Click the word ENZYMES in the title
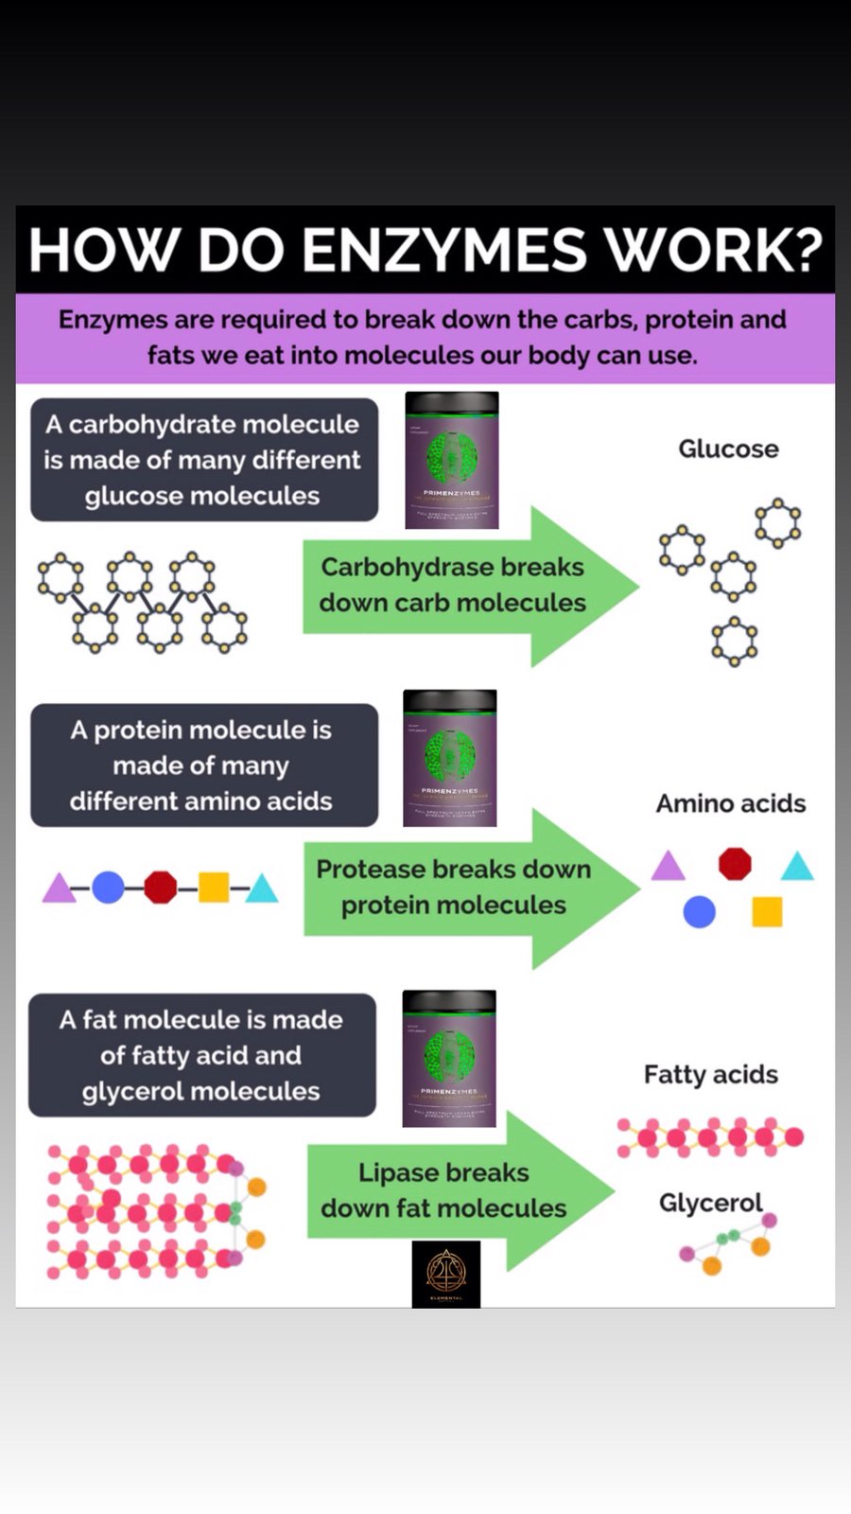(x=444, y=251)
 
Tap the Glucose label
(x=728, y=449)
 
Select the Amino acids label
(x=731, y=803)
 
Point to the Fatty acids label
(x=711, y=1074)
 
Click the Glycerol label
(x=710, y=1203)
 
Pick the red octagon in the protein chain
(x=160, y=887)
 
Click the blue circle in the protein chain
(x=108, y=887)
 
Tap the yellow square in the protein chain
(x=214, y=887)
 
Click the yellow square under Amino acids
(x=767, y=912)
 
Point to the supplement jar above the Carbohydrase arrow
(x=452, y=460)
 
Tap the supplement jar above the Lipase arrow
(x=449, y=1058)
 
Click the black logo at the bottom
(x=446, y=1274)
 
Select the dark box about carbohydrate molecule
(x=204, y=460)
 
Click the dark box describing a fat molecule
(x=201, y=1055)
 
